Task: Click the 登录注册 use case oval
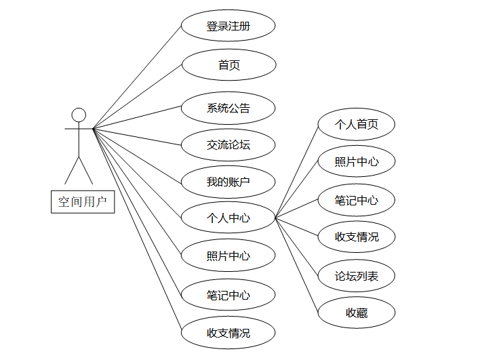pyautogui.click(x=228, y=26)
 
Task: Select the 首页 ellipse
pyautogui.click(x=228, y=66)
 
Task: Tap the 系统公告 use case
pyautogui.click(x=228, y=108)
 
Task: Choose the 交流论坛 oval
pyautogui.click(x=228, y=144)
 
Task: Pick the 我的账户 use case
pyautogui.click(x=228, y=182)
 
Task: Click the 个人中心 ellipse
pyautogui.click(x=228, y=218)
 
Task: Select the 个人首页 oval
pyautogui.click(x=357, y=125)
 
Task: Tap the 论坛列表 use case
pyautogui.click(x=357, y=276)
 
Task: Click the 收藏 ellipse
pyautogui.click(x=357, y=313)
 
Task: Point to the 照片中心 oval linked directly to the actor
pyautogui.click(x=228, y=256)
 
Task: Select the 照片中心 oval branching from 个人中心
pyautogui.click(x=357, y=162)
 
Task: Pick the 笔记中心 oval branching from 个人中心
pyautogui.click(x=357, y=201)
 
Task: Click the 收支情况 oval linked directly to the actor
pyautogui.click(x=228, y=333)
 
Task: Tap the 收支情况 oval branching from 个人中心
pyautogui.click(x=357, y=237)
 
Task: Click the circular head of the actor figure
pyautogui.click(x=79, y=114)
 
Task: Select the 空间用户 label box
pyautogui.click(x=83, y=201)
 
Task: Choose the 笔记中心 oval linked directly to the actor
pyautogui.click(x=228, y=296)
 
